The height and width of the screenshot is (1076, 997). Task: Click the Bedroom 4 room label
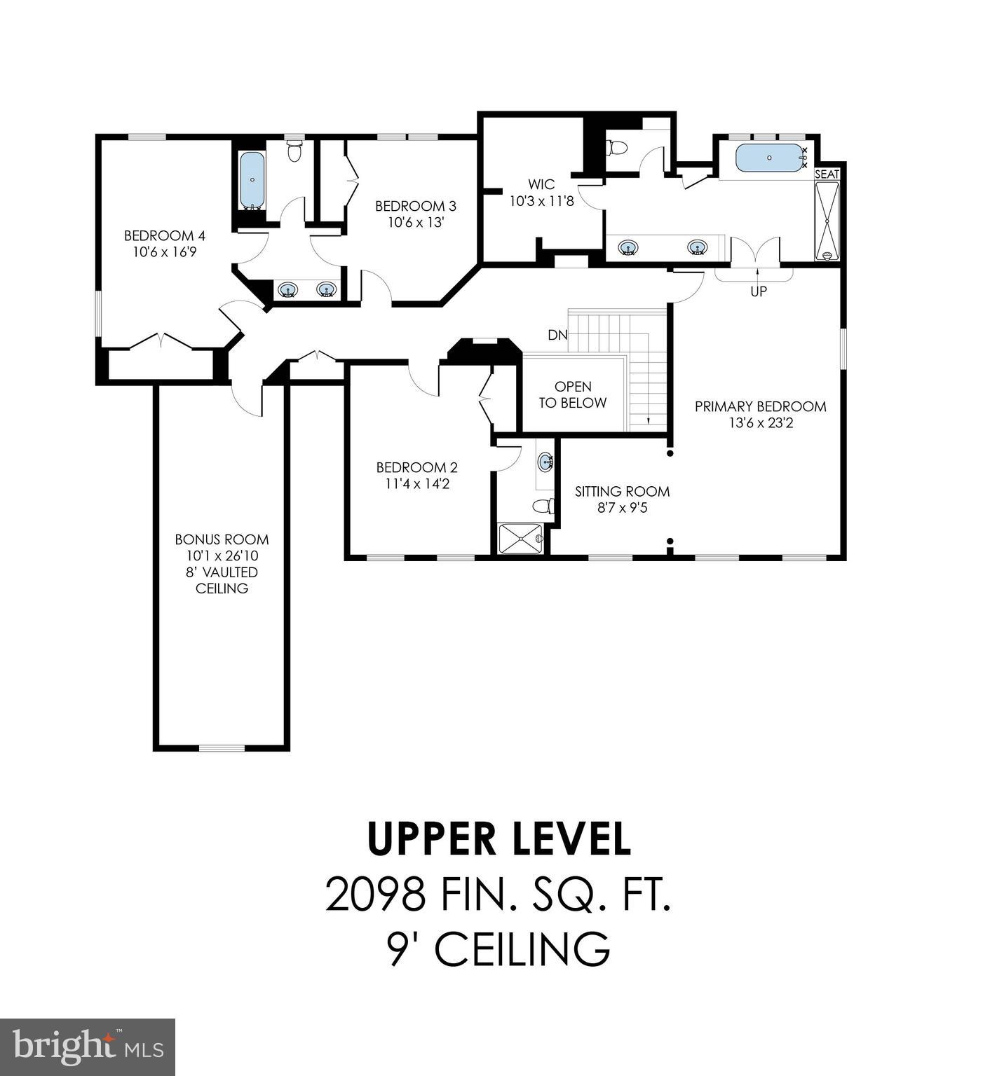pos(164,235)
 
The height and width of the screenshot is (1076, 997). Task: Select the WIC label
pos(541,184)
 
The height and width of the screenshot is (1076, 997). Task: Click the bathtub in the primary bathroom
pos(769,158)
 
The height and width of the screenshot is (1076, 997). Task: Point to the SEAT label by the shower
pos(827,174)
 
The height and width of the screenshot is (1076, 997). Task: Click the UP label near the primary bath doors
pos(759,291)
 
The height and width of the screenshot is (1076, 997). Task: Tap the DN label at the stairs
pos(557,335)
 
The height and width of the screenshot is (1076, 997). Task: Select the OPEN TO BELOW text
pos(573,394)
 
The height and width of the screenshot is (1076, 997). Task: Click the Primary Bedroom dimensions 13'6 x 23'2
pos(761,423)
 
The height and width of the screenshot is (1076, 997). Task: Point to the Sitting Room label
pos(622,491)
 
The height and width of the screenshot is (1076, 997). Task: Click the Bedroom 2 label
pos(416,467)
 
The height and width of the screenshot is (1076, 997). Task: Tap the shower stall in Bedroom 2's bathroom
pos(520,538)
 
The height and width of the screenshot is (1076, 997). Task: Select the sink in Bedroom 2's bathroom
pos(545,462)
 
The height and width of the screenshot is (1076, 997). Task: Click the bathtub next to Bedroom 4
pos(252,179)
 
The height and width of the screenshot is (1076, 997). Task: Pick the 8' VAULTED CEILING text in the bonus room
pos(222,580)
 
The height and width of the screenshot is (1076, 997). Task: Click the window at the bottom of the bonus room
pos(222,747)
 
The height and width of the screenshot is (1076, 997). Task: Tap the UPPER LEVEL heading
pos(498,839)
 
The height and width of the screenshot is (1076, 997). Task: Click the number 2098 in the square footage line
pos(377,895)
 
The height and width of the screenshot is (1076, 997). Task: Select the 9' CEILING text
pos(498,949)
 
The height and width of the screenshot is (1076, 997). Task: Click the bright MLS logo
pos(88,1047)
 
